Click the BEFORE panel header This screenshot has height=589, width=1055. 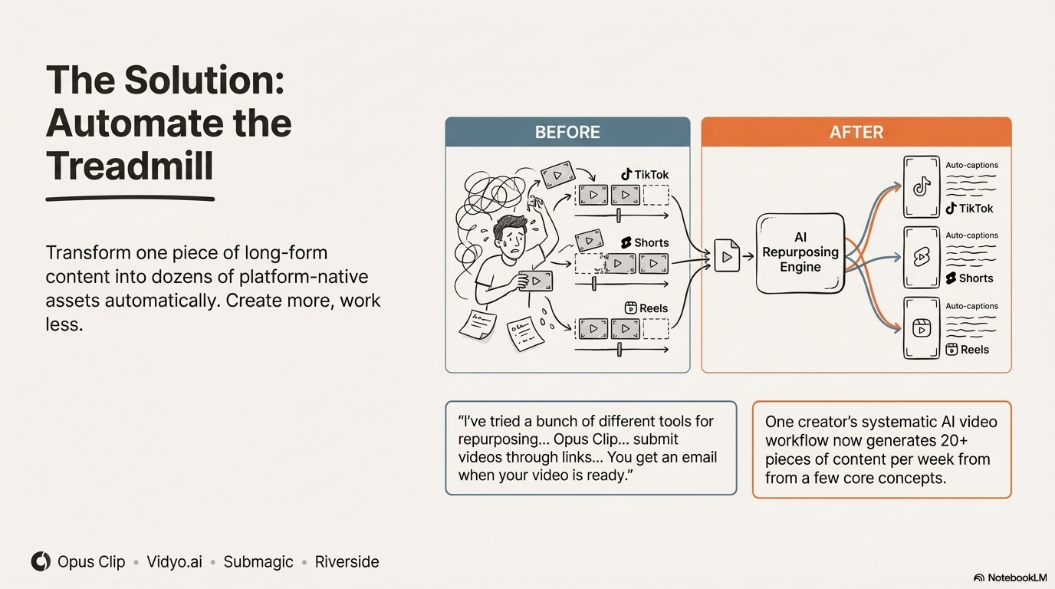[x=567, y=132]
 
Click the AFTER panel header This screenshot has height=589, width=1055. [x=856, y=132]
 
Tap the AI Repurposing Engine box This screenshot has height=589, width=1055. [x=800, y=253]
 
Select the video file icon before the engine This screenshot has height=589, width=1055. [x=727, y=256]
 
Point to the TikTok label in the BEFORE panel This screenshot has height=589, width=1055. [x=645, y=175]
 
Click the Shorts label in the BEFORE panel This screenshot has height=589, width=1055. [x=645, y=242]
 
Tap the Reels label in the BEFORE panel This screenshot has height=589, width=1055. [x=646, y=308]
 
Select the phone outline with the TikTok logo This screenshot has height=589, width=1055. [x=922, y=186]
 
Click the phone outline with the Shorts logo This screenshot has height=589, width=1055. [x=922, y=257]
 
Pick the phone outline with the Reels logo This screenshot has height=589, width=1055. [x=922, y=328]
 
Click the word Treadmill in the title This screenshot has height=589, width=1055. [x=130, y=166]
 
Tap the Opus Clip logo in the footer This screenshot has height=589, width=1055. [x=41, y=561]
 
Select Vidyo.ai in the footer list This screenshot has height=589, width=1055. [x=174, y=561]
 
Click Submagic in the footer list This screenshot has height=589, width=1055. [x=258, y=561]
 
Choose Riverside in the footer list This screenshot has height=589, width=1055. [x=347, y=561]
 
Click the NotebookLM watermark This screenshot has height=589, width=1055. [x=1010, y=577]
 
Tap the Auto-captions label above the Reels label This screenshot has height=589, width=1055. [x=971, y=306]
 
